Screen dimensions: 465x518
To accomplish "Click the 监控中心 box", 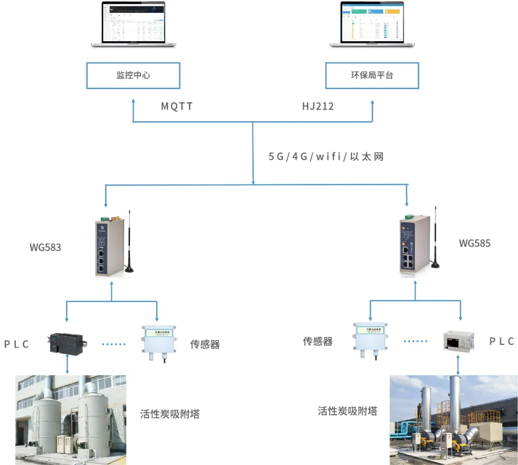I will (x=133, y=75).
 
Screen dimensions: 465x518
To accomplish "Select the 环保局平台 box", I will (x=372, y=75).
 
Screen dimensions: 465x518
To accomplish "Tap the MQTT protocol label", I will (x=177, y=106).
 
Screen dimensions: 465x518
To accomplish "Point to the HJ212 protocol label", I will (x=318, y=106).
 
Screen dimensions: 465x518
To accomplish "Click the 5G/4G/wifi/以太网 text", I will (x=326, y=157).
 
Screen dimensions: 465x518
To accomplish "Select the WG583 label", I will (x=45, y=248).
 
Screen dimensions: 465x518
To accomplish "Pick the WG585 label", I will (x=475, y=243).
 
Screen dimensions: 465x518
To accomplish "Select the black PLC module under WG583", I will (x=67, y=343).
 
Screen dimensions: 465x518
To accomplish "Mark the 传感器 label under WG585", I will (x=318, y=341).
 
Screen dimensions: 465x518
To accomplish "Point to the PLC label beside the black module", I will (x=17, y=344).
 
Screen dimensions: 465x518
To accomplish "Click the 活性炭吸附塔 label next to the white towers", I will (x=170, y=414).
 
